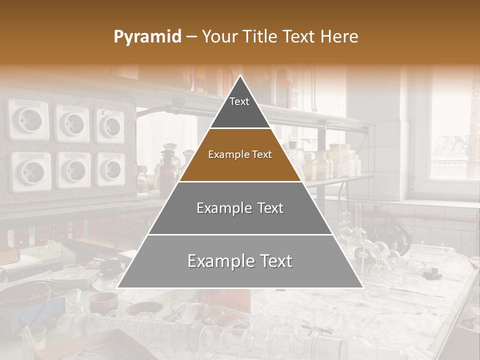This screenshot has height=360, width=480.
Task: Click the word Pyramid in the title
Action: (147, 37)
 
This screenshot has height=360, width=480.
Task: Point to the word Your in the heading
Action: (219, 37)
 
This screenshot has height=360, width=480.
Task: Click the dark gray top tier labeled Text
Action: (239, 107)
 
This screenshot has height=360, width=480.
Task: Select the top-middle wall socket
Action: (72, 123)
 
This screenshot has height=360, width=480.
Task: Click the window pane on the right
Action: (449, 130)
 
